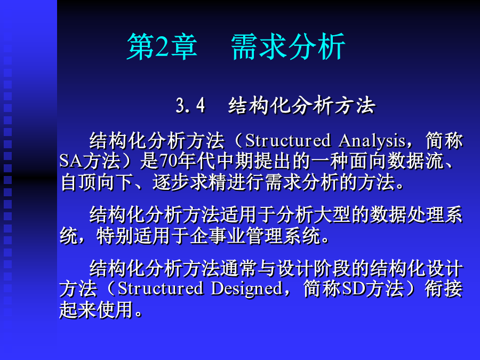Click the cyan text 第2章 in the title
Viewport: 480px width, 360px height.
pos(162,47)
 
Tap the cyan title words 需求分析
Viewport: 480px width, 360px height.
pos(288,47)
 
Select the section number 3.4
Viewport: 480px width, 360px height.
pos(190,106)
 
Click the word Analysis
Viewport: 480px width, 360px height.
pos(372,141)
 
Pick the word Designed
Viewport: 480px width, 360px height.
pos(246,289)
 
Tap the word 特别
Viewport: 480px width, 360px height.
pos(115,236)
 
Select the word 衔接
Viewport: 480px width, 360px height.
pos(444,289)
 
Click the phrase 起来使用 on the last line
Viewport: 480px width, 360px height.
pos(97,309)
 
